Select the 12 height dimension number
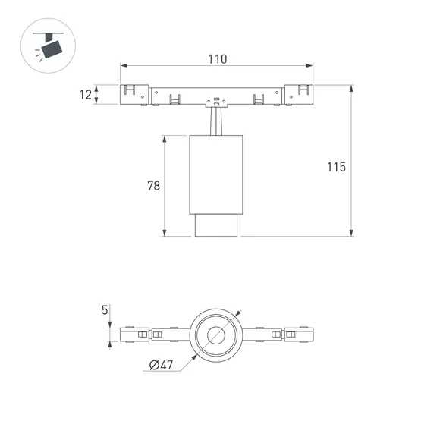click(x=86, y=94)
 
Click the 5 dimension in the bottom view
click(x=104, y=309)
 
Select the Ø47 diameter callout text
click(x=162, y=366)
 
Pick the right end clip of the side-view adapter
click(x=298, y=94)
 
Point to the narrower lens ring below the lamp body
click(x=217, y=225)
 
